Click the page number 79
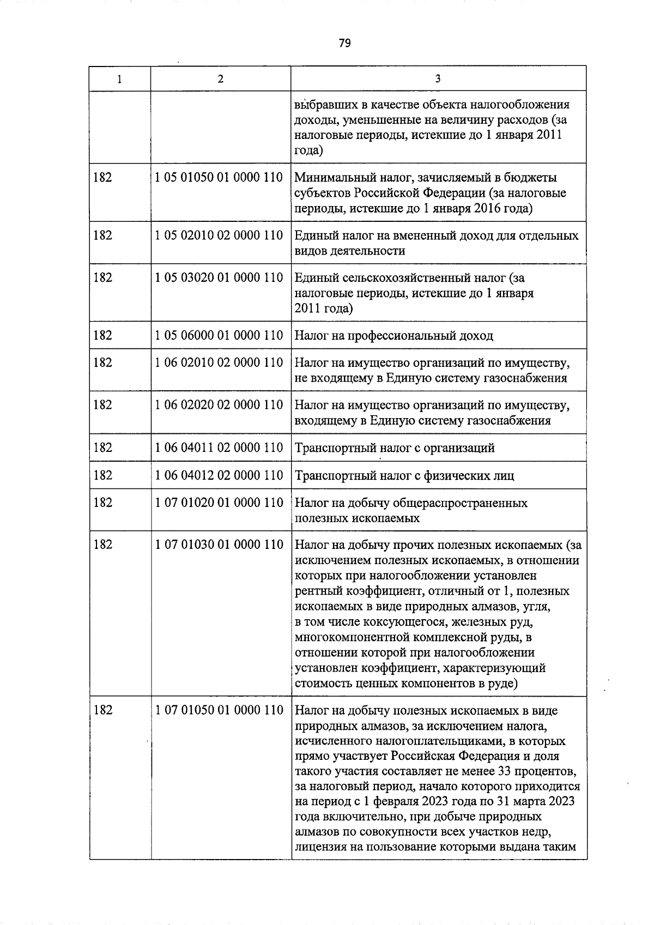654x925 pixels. (344, 43)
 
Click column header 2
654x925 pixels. (220, 78)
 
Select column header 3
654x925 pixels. (438, 78)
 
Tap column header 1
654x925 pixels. (119, 78)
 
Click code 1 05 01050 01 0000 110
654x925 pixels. (220, 177)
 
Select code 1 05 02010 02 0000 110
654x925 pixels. (220, 235)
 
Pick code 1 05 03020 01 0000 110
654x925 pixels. (220, 278)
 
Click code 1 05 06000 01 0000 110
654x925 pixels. (220, 335)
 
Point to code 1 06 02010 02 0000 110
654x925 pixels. (220, 362)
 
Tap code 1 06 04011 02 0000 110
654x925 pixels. (220, 448)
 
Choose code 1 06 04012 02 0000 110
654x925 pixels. (220, 475)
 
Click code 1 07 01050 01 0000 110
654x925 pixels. (220, 710)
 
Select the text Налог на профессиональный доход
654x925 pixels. (393, 336)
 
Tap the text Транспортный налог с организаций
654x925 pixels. (395, 448)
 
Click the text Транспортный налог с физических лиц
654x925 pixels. (404, 476)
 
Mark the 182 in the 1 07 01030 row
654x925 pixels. (103, 545)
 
